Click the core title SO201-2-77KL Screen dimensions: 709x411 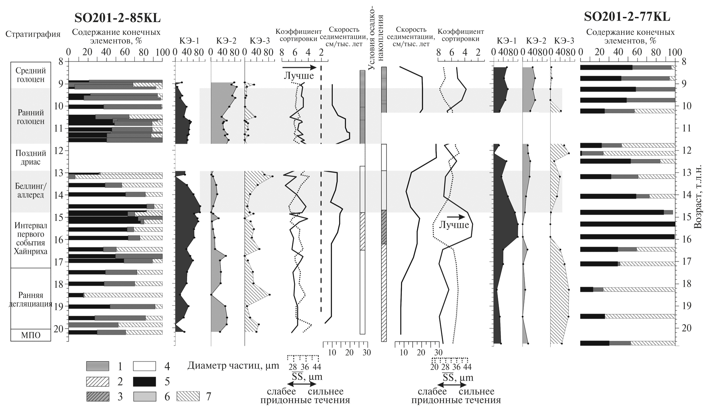pyautogui.click(x=627, y=17)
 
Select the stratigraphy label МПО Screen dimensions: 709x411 pyautogui.click(x=31, y=335)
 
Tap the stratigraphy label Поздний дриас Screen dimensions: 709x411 pyautogui.click(x=31, y=157)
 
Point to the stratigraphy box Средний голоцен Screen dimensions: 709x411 pyautogui.click(x=31, y=75)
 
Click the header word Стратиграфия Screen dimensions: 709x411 pyautogui.click(x=33, y=34)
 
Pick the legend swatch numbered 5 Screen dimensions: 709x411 pyautogui.click(x=144, y=381)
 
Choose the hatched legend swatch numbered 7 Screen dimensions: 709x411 pyautogui.click(x=188, y=397)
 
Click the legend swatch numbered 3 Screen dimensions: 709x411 pyautogui.click(x=97, y=397)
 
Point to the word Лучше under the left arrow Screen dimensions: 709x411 pyautogui.click(x=299, y=76)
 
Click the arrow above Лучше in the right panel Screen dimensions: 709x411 pyautogui.click(x=456, y=217)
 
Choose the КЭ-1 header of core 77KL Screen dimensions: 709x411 pyautogui.click(x=506, y=41)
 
